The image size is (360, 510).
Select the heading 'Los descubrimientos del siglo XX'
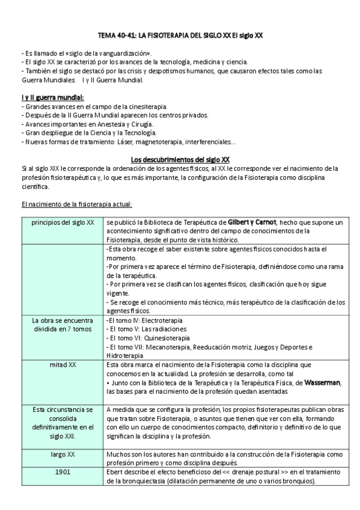tap(180, 159)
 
